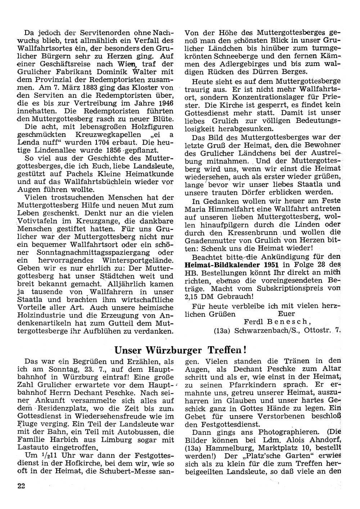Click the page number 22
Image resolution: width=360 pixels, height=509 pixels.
click(21, 486)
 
